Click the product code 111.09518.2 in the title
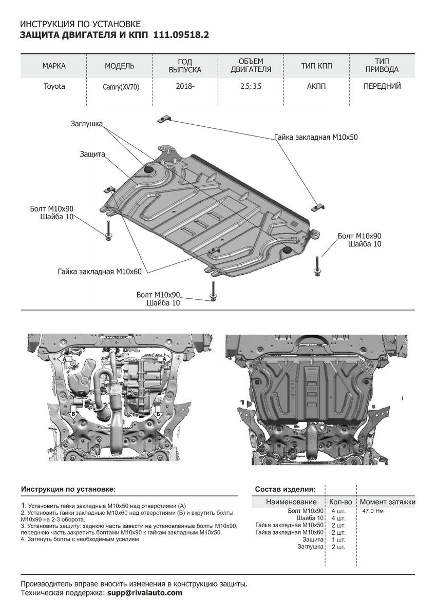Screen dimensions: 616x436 [x=181, y=35]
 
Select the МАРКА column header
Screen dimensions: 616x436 [x=54, y=66]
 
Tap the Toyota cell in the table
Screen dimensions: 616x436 [x=54, y=86]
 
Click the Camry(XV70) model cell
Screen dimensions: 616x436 [x=121, y=87]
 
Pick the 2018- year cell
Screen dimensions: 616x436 [x=185, y=86]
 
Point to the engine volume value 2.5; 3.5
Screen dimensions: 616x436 [x=251, y=86]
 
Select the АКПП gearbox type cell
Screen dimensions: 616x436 [x=316, y=86]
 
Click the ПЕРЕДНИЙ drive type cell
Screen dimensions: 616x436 [x=382, y=86]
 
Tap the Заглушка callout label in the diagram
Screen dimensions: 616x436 [x=87, y=124]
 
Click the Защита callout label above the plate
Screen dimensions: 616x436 [x=92, y=154]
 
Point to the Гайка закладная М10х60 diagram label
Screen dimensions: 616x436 [x=100, y=271]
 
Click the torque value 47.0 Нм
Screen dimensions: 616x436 [x=373, y=511]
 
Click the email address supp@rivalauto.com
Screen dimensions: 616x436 [x=145, y=593]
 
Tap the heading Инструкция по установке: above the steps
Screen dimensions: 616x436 [x=68, y=489]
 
